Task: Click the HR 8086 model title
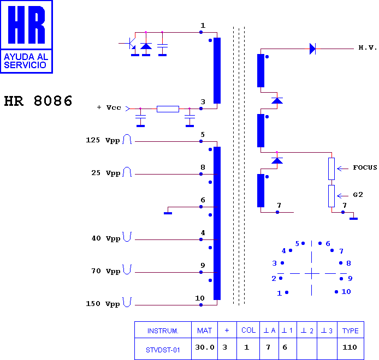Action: tap(38, 101)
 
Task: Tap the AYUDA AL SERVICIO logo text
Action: tap(26, 61)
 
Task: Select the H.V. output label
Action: tap(368, 47)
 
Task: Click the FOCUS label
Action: tap(365, 167)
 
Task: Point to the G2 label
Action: tap(358, 195)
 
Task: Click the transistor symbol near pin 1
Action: tap(130, 44)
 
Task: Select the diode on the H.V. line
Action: tap(312, 49)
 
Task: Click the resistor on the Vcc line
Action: tap(168, 109)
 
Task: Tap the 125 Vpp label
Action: tap(103, 140)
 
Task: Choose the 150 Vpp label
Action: tap(103, 303)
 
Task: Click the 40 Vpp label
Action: tap(106, 238)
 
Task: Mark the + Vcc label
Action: tap(109, 107)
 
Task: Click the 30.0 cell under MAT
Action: tap(205, 347)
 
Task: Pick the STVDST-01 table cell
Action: tap(163, 350)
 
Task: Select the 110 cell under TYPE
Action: tap(350, 347)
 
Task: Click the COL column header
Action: tap(248, 330)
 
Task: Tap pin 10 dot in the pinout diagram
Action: tap(336, 292)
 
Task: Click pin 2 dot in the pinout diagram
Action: tap(281, 278)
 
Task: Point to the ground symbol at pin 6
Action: tap(168, 213)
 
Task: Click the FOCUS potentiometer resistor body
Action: tap(331, 169)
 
